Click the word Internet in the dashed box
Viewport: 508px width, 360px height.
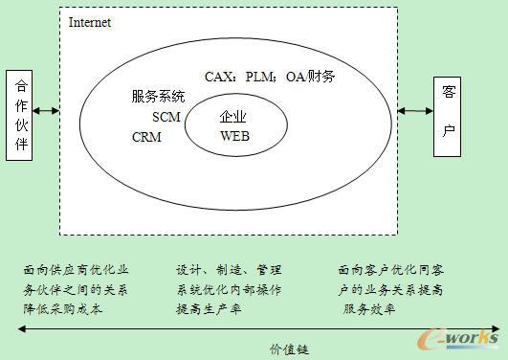[90, 21]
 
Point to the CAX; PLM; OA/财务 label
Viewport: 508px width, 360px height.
[270, 76]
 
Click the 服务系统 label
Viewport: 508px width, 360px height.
[159, 97]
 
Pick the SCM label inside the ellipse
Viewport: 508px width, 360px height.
[166, 117]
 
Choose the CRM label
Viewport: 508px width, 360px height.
[147, 138]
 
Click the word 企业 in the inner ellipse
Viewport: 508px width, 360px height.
[234, 117]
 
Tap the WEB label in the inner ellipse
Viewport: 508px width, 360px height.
[234, 136]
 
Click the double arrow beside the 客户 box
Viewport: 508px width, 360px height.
[415, 112]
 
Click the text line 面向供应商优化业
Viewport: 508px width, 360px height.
[77, 270]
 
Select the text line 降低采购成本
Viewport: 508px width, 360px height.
[64, 309]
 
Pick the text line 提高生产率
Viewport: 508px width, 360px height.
[209, 309]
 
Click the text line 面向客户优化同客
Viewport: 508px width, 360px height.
[390, 270]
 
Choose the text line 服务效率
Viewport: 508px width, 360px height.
[369, 309]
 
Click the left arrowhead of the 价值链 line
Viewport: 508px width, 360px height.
[22, 330]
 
